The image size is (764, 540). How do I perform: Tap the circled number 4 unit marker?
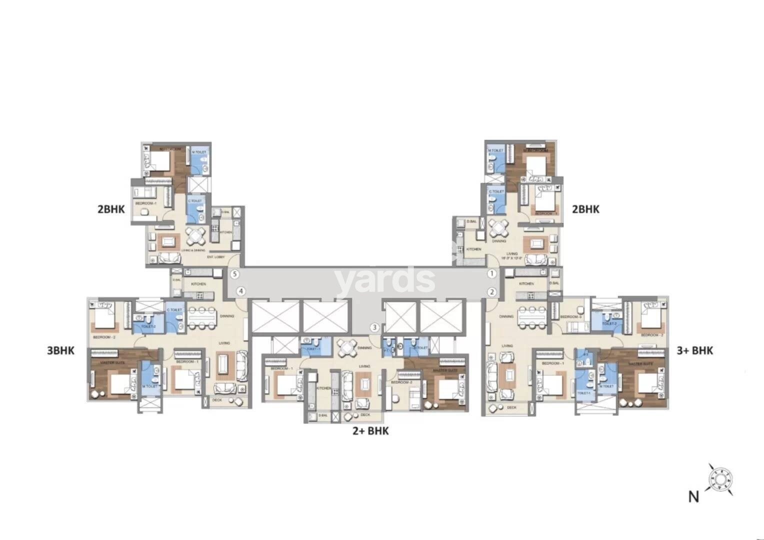pyautogui.click(x=241, y=291)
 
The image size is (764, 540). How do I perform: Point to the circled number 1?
pyautogui.click(x=491, y=274)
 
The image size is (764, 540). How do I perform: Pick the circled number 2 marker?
pyautogui.click(x=491, y=291)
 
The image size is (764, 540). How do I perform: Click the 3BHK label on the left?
pyautogui.click(x=60, y=350)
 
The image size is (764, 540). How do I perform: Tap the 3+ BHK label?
pyautogui.click(x=694, y=350)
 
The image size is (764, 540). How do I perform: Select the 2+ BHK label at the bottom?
pyautogui.click(x=370, y=430)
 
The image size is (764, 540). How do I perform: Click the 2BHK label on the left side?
pyautogui.click(x=111, y=209)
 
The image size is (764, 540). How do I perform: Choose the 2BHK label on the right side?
pyautogui.click(x=585, y=209)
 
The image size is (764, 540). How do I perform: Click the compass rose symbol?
pyautogui.click(x=720, y=478)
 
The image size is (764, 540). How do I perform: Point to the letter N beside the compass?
pyautogui.click(x=693, y=496)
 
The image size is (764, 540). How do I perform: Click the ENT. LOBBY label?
pyautogui.click(x=216, y=257)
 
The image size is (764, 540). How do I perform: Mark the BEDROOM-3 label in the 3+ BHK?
pyautogui.click(x=570, y=317)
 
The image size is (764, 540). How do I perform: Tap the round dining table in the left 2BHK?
pyautogui.click(x=194, y=234)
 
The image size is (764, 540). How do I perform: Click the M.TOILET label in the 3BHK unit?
pyautogui.click(x=150, y=386)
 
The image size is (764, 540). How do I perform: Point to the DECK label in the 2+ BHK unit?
pyautogui.click(x=365, y=414)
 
